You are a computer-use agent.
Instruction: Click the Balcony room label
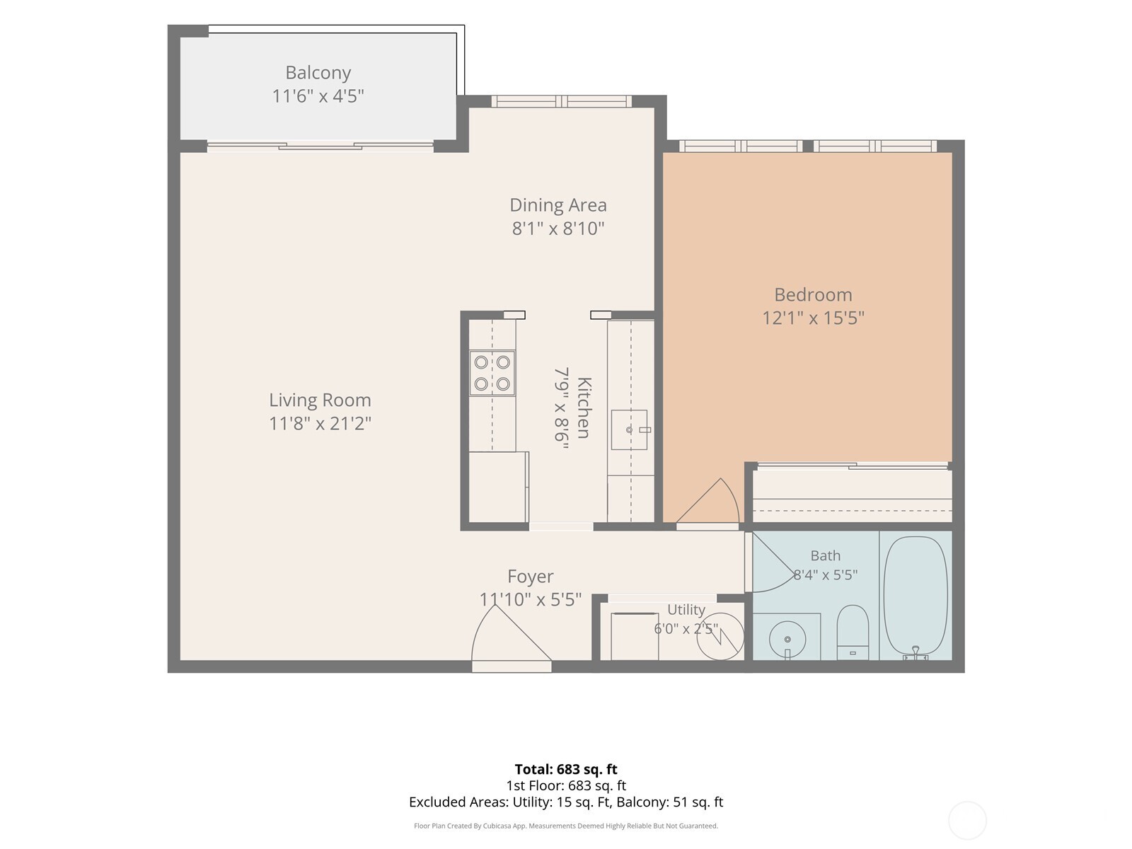tap(318, 73)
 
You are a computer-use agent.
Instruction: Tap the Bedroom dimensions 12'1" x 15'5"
tap(814, 318)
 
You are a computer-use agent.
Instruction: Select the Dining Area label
tap(558, 205)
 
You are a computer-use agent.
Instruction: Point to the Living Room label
tap(320, 400)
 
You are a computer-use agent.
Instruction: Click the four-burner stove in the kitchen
tap(492, 374)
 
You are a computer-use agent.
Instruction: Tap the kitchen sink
tap(629, 430)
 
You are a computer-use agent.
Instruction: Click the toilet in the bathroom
tap(853, 633)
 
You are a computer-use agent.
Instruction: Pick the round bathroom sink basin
tap(787, 639)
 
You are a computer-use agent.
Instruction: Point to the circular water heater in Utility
tap(720, 636)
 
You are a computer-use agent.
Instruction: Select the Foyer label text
tap(530, 577)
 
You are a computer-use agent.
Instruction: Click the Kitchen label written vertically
tap(584, 408)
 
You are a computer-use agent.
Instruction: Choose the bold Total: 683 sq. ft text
tap(566, 769)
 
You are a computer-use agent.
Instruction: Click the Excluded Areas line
tap(566, 802)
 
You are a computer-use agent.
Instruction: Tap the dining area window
tap(561, 102)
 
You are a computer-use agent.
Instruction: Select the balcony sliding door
tap(320, 146)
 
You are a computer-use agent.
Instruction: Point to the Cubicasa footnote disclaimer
tap(566, 826)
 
